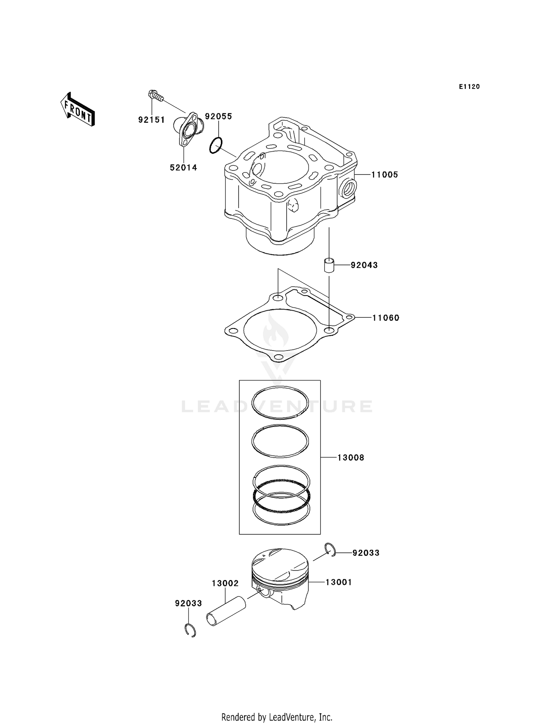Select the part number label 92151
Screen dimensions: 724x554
pyautogui.click(x=151, y=120)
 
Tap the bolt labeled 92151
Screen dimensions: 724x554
pyautogui.click(x=155, y=96)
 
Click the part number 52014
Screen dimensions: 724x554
pyautogui.click(x=184, y=168)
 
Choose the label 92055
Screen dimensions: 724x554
pyautogui.click(x=219, y=116)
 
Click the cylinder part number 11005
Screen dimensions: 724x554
pyautogui.click(x=385, y=175)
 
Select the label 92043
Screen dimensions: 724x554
pyautogui.click(x=364, y=265)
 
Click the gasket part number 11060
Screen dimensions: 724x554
pyautogui.click(x=386, y=318)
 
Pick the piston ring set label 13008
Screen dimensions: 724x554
pyautogui.click(x=350, y=458)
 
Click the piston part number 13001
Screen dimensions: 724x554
pyautogui.click(x=339, y=582)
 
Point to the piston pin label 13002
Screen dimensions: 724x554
pyautogui.click(x=225, y=583)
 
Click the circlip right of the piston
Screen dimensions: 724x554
pyautogui.click(x=330, y=550)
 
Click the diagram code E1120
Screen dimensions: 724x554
pyautogui.click(x=469, y=87)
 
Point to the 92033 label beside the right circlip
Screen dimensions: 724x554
pyautogui.click(x=366, y=553)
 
